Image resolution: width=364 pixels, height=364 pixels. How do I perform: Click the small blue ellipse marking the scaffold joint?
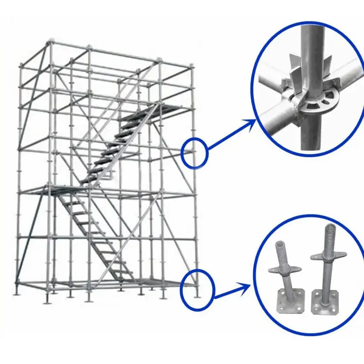coord(195,153)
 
